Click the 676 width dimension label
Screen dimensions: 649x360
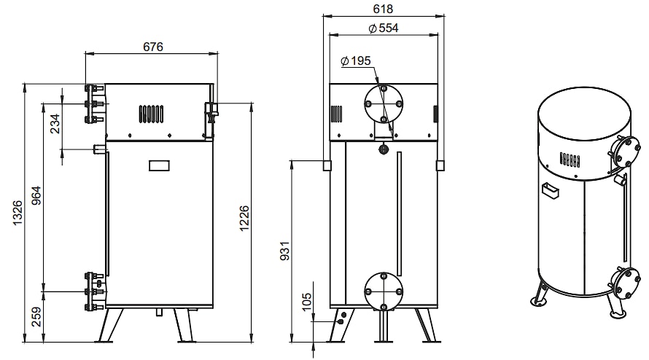pos(153,47)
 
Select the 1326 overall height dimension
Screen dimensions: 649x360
pos(18,213)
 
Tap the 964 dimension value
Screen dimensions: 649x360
pos(37,197)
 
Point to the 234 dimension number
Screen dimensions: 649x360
pos(55,123)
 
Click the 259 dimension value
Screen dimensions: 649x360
pos(37,316)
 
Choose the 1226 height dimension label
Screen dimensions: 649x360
pos(244,218)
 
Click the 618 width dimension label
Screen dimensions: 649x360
pos(383,9)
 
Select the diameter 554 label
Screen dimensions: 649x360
pos(384,28)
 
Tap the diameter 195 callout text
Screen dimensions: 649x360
pos(356,60)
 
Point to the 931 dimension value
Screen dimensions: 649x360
pos(285,251)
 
